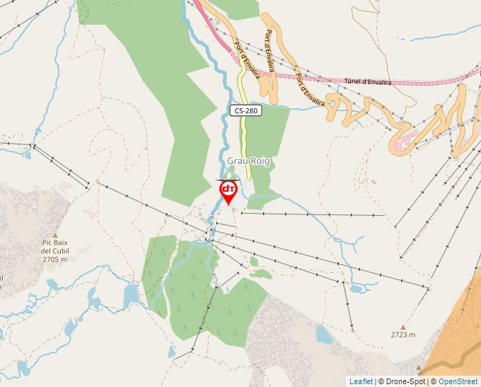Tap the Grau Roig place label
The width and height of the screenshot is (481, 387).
point(248,161)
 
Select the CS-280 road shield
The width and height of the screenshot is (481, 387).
point(245,110)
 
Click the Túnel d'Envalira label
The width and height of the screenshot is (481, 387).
point(369,81)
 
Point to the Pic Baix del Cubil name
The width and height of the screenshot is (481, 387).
point(54,246)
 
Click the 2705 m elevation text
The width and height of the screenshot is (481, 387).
point(54,260)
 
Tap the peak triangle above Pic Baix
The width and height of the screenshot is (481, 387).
point(54,233)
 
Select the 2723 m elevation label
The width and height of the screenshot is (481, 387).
point(403,335)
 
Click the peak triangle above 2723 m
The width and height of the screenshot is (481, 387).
point(403,326)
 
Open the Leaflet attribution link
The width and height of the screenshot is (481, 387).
point(361,381)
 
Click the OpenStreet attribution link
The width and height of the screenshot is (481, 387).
point(458,381)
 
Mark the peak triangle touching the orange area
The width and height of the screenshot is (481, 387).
point(419,368)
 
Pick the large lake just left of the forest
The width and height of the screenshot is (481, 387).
point(131,293)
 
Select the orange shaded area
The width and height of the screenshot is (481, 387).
point(453,333)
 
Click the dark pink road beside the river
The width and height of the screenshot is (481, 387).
point(213,31)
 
